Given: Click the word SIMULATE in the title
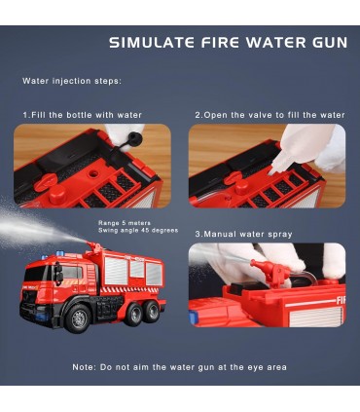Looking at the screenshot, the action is point(152,43).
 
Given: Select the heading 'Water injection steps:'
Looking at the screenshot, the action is point(72,81).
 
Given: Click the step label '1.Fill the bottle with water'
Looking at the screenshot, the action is point(82,115).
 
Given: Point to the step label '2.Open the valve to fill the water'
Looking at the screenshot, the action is point(270,115).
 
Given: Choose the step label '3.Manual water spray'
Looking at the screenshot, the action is point(243,234).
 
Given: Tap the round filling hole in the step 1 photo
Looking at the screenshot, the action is point(93,173).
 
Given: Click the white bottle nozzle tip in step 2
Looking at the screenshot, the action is point(271,170).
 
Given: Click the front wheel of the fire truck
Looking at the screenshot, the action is point(78,318).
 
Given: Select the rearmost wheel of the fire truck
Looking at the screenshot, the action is point(152,311).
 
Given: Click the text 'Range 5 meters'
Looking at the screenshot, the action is point(125,223).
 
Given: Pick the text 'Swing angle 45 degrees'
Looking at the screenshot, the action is point(138,231).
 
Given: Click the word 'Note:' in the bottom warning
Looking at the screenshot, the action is point(85,367).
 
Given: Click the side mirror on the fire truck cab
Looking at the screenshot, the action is point(59,273).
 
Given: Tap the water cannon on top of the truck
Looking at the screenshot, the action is point(94,247).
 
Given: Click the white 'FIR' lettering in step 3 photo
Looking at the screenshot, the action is point(341,301).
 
